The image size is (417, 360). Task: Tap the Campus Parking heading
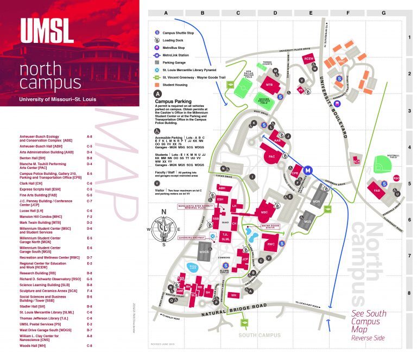pos(176,101)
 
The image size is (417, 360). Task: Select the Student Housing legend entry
pos(179,85)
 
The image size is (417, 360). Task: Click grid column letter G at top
pos(383,12)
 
